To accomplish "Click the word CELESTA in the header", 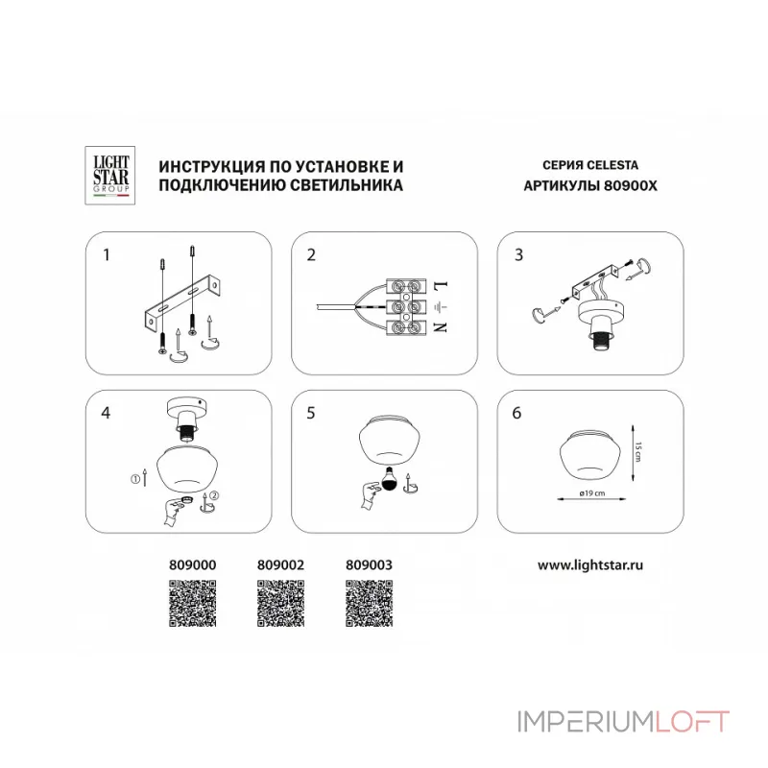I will pos(612,164).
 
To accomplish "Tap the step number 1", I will pos(107,255).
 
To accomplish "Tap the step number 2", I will pos(311,255).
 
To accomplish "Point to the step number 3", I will pos(518,254).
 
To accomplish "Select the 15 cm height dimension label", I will pos(637,451).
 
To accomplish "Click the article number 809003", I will pos(369,566).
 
